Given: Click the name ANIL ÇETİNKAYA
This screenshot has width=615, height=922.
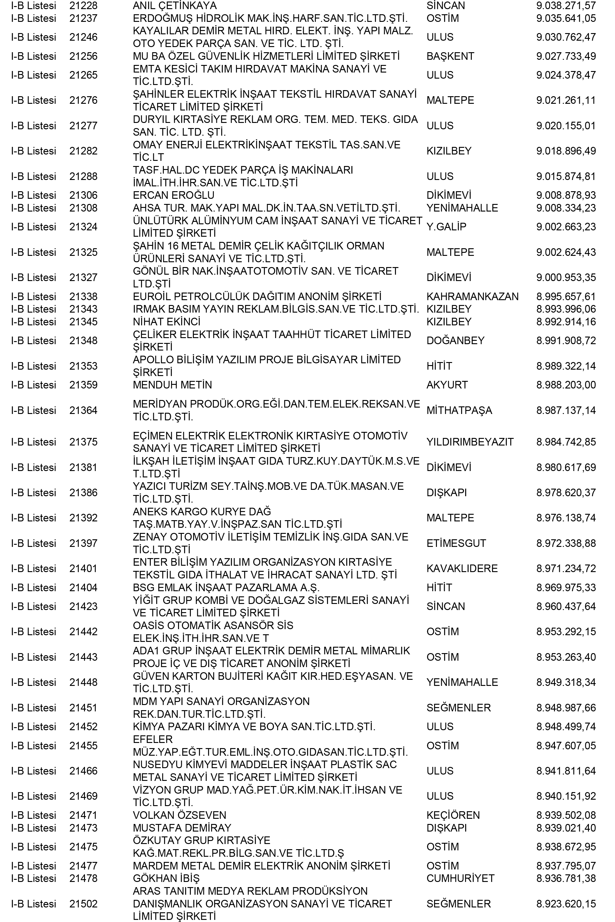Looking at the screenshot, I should pos(174,6).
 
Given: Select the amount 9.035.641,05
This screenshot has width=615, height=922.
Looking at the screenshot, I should pos(566,19).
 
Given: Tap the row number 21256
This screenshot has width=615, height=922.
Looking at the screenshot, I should pos(83,56).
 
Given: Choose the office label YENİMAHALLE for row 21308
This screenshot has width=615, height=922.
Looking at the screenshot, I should pos(462,208).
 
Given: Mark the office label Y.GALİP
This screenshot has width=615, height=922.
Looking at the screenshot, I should pos(446,227).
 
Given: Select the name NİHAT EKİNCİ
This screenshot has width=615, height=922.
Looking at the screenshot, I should pos(166,322).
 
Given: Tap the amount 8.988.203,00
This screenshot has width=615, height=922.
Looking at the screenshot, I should pos(566,385).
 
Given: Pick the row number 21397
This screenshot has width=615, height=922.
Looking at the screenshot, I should pos(83,543).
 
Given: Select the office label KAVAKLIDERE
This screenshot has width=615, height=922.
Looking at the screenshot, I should pos(462,568).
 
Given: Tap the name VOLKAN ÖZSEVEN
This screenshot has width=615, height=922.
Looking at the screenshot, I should pos(179,815).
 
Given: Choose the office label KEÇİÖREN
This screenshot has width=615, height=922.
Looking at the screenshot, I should pos(453,815).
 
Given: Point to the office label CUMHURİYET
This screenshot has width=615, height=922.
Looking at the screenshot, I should pos(460,878).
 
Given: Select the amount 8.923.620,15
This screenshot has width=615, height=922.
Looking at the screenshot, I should pos(566,903).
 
